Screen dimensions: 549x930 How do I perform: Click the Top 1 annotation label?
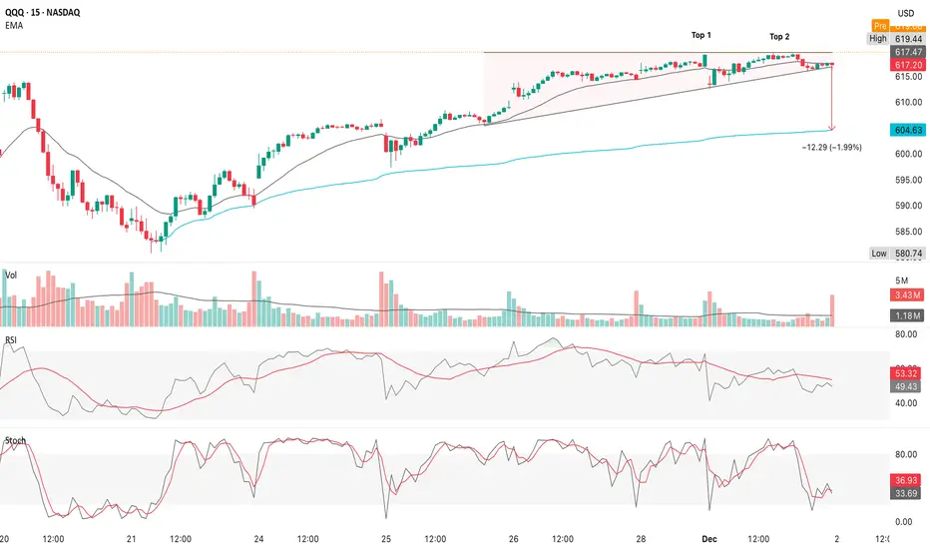[701, 35]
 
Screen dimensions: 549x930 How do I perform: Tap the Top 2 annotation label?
[779, 37]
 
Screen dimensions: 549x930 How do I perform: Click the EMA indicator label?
[14, 29]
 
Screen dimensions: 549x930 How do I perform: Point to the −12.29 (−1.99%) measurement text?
[831, 147]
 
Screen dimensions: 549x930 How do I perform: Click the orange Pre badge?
[879, 25]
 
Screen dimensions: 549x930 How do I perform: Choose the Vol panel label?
[10, 273]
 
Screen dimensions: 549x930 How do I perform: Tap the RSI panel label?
[10, 339]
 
